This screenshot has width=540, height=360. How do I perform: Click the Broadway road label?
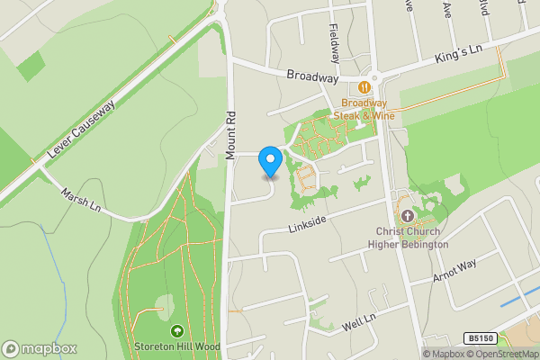click(x=311, y=76)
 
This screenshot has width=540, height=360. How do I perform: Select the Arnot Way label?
click(x=454, y=270)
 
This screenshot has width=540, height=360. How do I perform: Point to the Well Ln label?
click(x=358, y=321)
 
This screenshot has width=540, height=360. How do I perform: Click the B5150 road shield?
click(x=481, y=337)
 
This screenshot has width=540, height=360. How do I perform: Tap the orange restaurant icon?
click(x=364, y=87)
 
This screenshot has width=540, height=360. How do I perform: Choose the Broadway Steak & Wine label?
click(x=364, y=109)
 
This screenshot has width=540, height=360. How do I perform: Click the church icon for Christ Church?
click(x=407, y=216)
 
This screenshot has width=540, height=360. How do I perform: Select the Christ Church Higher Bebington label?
click(x=411, y=238)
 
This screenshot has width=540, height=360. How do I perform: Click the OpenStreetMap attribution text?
click(x=500, y=354)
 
